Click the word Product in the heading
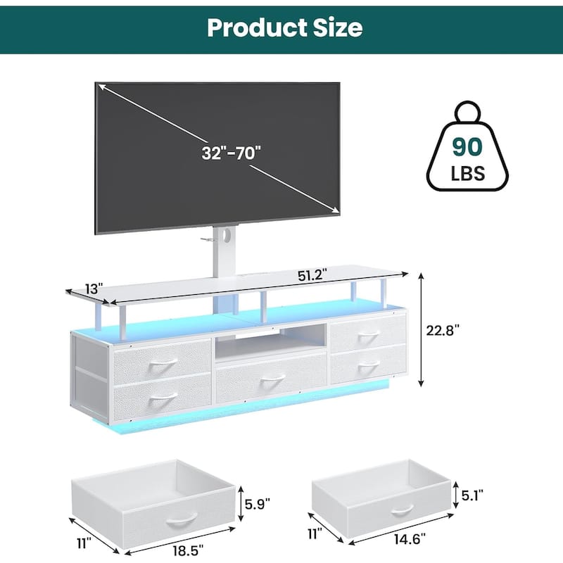point(258,27)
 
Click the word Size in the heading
point(338,27)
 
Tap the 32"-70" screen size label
point(231,153)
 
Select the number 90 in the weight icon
point(467,146)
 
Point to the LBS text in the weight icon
point(467,173)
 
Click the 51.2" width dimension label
point(312,276)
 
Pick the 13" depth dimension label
point(94,289)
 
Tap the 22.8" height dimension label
point(443,330)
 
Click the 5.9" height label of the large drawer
point(258,504)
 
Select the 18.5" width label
point(188,550)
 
